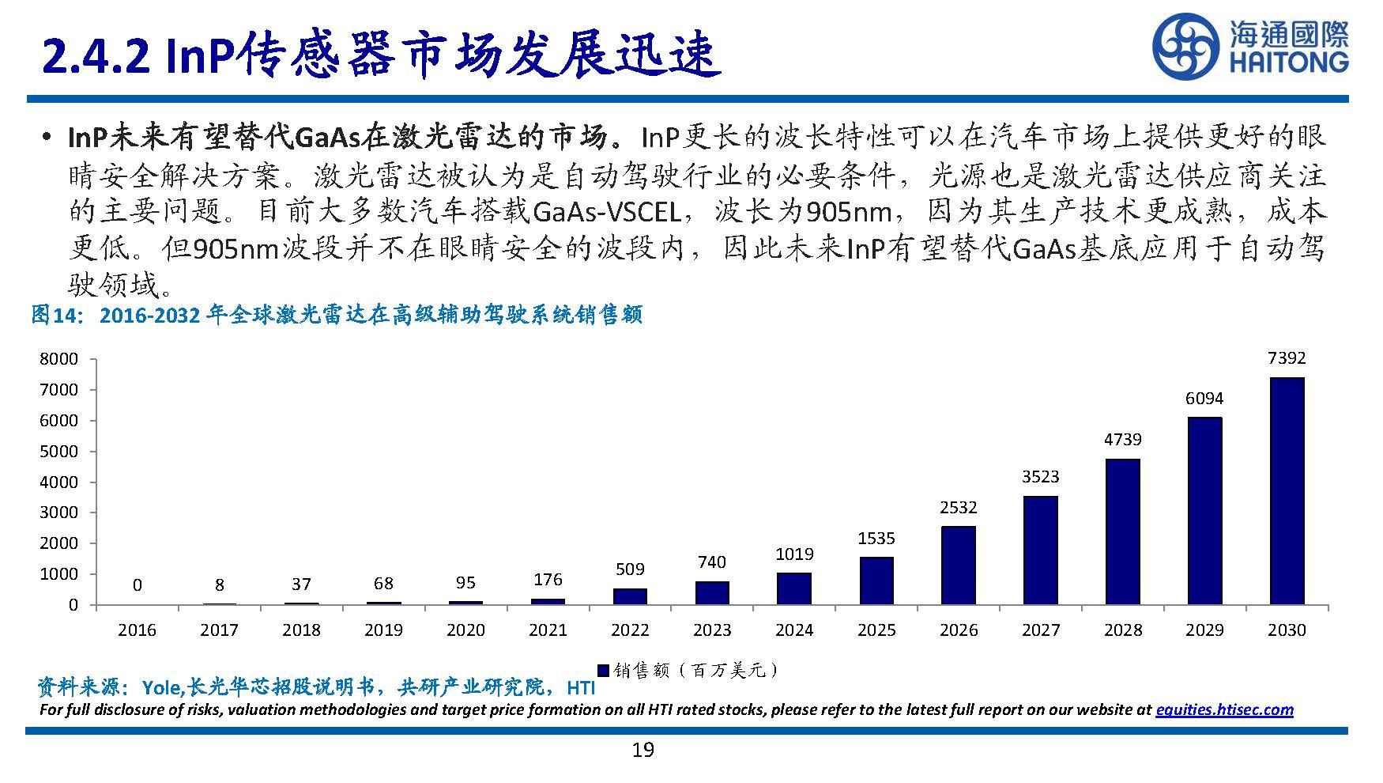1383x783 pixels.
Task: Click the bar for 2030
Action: click(1287, 491)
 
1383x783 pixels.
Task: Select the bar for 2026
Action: click(958, 565)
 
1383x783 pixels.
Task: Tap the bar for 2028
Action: click(1122, 531)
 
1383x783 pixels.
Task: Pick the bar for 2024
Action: click(793, 588)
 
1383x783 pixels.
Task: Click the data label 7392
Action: click(1287, 358)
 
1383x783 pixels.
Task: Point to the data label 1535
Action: click(876, 539)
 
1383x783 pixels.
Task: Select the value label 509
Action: click(630, 569)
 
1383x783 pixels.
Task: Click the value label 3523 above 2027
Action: click(1040, 477)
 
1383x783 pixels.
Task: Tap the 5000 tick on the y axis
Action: click(59, 452)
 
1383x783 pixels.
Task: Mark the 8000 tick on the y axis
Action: click(59, 359)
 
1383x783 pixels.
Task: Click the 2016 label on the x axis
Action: click(137, 630)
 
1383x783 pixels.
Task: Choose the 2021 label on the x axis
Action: click(548, 630)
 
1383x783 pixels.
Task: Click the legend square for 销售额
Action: click(603, 671)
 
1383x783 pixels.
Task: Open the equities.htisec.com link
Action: click(1224, 709)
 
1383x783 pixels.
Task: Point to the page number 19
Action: click(643, 750)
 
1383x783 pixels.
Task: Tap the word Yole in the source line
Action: click(161, 687)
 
